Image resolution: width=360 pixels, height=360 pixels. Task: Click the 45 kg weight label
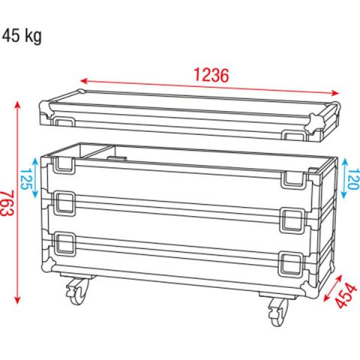pyautogui.click(x=22, y=37)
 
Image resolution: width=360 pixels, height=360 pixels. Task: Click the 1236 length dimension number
pyautogui.click(x=211, y=75)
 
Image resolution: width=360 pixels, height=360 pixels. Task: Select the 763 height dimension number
pyautogui.click(x=7, y=204)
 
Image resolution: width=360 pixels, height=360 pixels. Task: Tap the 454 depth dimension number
pyautogui.click(x=346, y=295)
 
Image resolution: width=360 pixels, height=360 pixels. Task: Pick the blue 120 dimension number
pyautogui.click(x=354, y=179)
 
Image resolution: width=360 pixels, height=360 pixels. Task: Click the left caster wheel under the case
pyautogui.click(x=76, y=292)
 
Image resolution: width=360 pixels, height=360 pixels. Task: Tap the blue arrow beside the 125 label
pyautogui.click(x=36, y=178)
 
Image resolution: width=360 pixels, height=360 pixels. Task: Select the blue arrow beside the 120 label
pyautogui.click(x=345, y=178)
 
